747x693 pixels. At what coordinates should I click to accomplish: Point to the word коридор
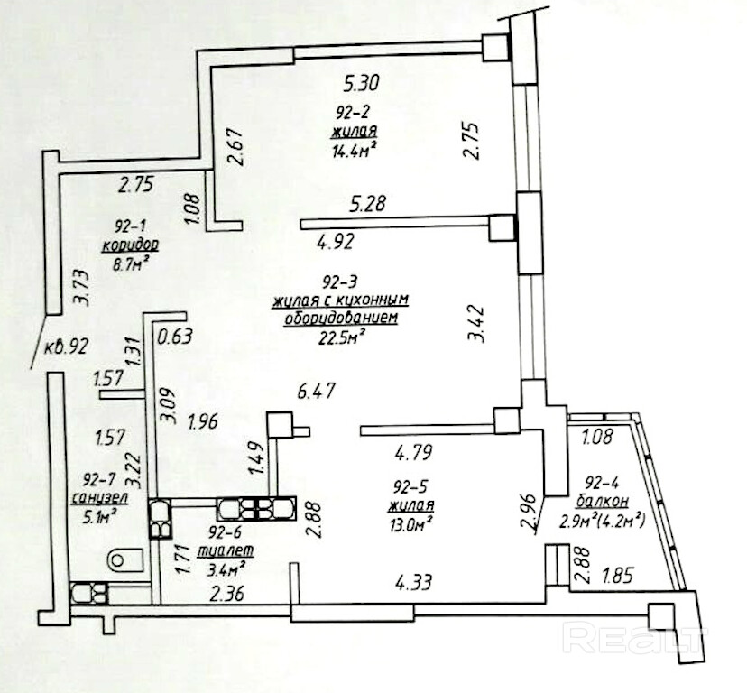[132, 246]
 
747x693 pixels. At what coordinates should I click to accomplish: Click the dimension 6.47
[316, 392]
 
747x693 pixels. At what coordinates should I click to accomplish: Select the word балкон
[605, 500]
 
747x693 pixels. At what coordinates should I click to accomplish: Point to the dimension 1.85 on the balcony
[618, 571]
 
